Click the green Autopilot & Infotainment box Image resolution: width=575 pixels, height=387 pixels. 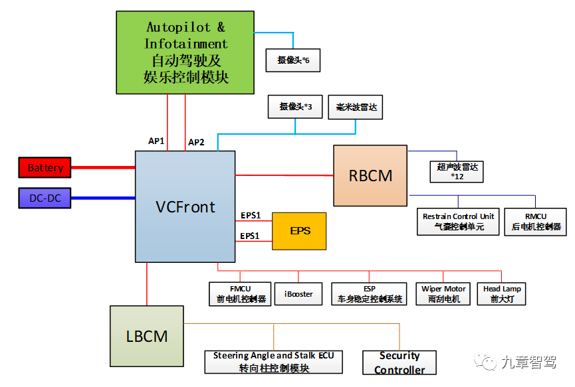[185, 52]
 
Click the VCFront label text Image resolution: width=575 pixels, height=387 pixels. [185, 207]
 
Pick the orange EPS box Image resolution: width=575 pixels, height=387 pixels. [299, 231]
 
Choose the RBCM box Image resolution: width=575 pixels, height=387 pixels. [370, 176]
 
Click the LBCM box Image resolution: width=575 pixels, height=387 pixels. [147, 336]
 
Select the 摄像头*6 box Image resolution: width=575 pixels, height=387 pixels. [293, 60]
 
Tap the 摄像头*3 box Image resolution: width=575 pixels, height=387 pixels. [295, 107]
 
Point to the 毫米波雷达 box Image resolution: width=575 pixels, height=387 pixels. [356, 107]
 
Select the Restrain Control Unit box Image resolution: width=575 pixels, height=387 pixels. [459, 222]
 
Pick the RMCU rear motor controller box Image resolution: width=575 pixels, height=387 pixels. [535, 222]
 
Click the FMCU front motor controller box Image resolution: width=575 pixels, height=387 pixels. [239, 293]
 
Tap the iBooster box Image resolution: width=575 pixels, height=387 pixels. [298, 293]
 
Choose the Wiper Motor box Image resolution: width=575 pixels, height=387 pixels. [443, 293]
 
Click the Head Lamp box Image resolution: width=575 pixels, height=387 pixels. [502, 293]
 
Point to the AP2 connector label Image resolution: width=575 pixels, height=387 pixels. [197, 142]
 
